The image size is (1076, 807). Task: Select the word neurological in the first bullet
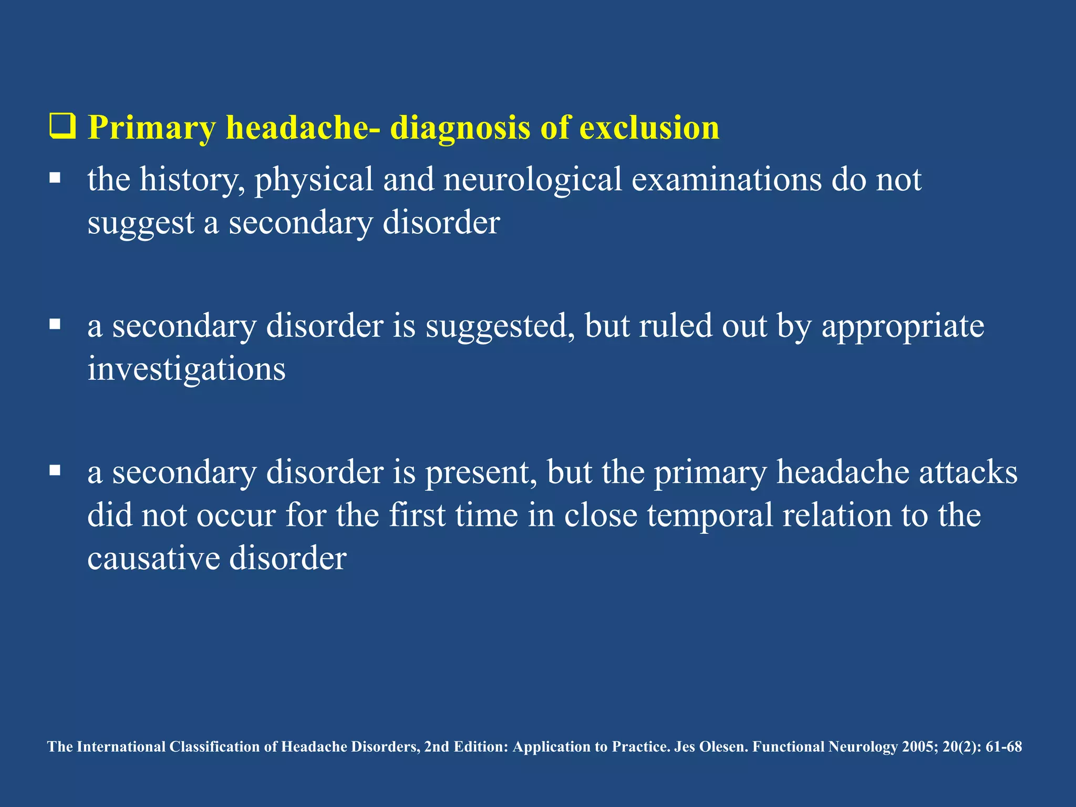click(x=532, y=180)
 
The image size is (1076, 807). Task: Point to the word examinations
click(x=727, y=179)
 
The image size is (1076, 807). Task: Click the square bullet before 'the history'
click(x=55, y=178)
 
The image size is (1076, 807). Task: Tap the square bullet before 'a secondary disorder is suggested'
click(x=55, y=324)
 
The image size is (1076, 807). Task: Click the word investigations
click(x=187, y=369)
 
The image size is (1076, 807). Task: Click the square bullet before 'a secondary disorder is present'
click(x=55, y=470)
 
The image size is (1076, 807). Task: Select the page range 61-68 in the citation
click(x=1003, y=747)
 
